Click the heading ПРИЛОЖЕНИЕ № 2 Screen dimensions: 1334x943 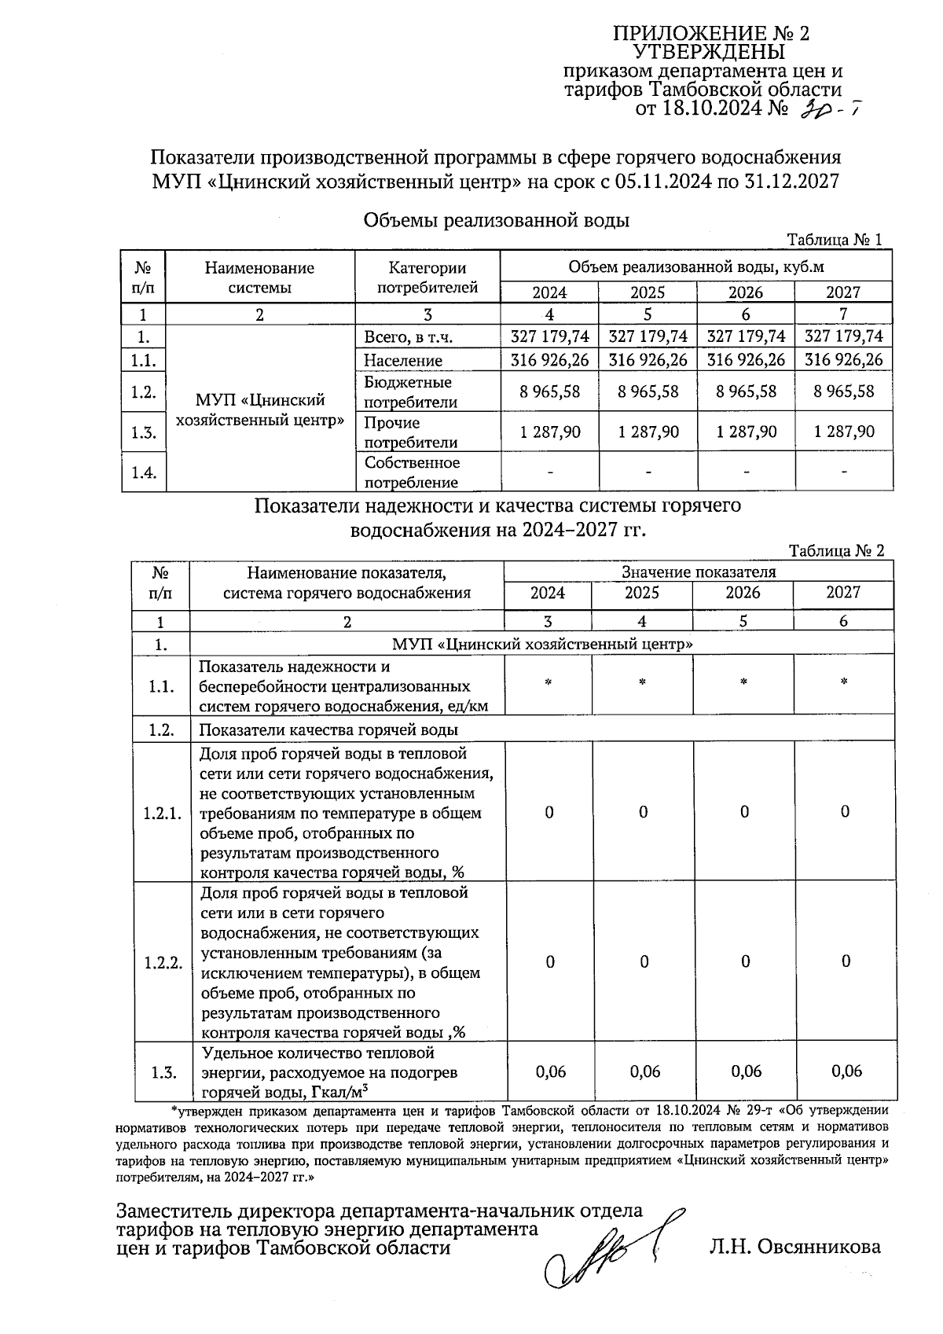[710, 33]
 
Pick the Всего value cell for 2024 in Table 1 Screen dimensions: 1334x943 [549, 336]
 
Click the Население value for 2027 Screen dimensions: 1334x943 [844, 360]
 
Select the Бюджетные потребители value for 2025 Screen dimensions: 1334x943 [648, 391]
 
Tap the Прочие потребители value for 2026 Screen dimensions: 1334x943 [746, 432]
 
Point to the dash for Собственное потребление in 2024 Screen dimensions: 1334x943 [550, 472]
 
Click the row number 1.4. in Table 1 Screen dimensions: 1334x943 [143, 472]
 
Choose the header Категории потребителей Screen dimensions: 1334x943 [427, 277]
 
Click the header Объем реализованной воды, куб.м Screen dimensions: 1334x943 [695, 267]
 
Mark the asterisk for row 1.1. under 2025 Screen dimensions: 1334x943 [642, 683]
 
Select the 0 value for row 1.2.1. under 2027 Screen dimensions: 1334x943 [845, 812]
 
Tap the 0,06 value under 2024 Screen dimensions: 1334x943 [550, 1071]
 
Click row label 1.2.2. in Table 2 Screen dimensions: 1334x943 [163, 963]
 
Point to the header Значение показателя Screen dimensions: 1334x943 [698, 571]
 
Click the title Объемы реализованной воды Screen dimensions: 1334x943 [496, 221]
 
